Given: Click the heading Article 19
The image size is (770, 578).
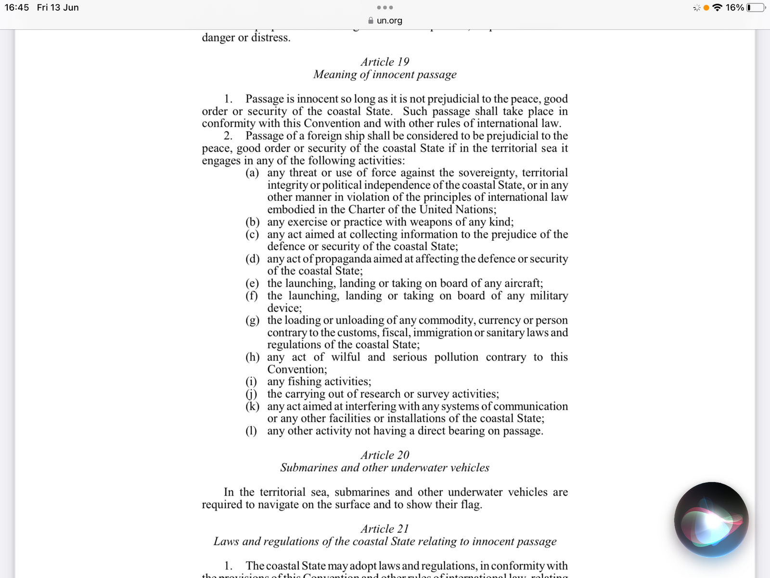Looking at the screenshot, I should (385, 62).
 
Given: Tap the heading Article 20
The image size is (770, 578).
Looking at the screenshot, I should (385, 455).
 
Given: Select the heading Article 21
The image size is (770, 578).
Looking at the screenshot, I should (385, 529).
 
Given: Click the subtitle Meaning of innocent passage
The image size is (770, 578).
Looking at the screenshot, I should (385, 75).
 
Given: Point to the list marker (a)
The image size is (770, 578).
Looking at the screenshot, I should (252, 173).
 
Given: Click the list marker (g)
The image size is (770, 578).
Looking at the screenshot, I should (252, 320).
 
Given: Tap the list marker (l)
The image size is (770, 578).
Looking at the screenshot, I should (251, 431).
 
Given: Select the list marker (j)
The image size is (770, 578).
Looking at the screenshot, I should (251, 394).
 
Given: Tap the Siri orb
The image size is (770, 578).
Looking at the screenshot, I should (711, 520).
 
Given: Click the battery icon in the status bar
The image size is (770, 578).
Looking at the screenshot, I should (756, 8).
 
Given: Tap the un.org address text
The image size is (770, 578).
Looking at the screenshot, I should (389, 21).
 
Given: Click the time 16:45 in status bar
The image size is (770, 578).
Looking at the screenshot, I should (17, 8).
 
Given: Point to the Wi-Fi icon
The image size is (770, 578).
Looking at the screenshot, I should (717, 8).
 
